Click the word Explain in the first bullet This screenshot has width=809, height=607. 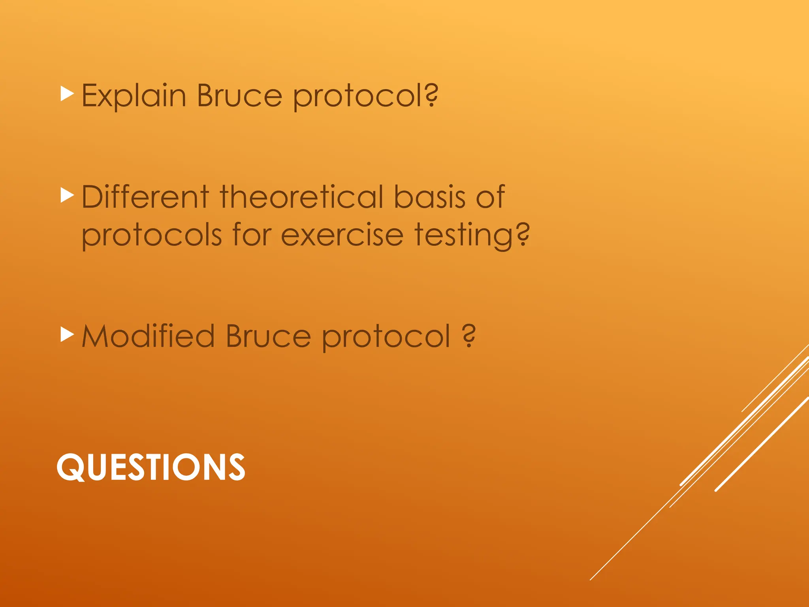[x=134, y=96]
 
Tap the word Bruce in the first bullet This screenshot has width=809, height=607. [x=239, y=96]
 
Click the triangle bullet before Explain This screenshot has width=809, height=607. [x=67, y=94]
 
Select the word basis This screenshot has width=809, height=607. [x=430, y=196]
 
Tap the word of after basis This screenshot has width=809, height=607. [x=490, y=196]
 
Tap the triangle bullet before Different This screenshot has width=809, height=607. [x=67, y=195]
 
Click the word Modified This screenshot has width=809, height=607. [x=148, y=336]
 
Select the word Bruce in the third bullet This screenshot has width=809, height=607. [x=268, y=336]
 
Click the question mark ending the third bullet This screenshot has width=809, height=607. [x=469, y=336]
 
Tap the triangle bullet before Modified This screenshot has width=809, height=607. [x=67, y=335]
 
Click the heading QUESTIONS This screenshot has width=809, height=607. [x=151, y=467]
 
